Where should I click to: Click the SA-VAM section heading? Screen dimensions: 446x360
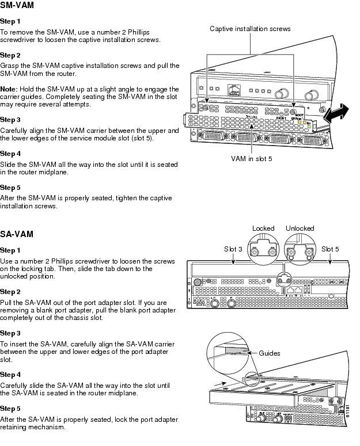pyautogui.click(x=17, y=235)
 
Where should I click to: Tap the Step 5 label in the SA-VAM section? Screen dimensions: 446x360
pyautogui.click(x=10, y=408)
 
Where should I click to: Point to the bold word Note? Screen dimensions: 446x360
pyautogui.click(x=9, y=89)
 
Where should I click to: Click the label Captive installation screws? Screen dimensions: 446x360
pyautogui.click(x=250, y=28)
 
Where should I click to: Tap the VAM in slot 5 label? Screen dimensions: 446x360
pyautogui.click(x=252, y=158)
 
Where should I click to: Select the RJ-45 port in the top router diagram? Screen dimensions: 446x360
pyautogui.click(x=234, y=90)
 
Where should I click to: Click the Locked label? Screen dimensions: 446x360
pyautogui.click(x=263, y=228)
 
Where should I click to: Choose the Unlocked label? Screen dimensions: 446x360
pyautogui.click(x=300, y=228)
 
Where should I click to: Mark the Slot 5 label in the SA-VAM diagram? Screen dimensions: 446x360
pyautogui.click(x=331, y=249)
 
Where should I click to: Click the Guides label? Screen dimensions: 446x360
pyautogui.click(x=269, y=353)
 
